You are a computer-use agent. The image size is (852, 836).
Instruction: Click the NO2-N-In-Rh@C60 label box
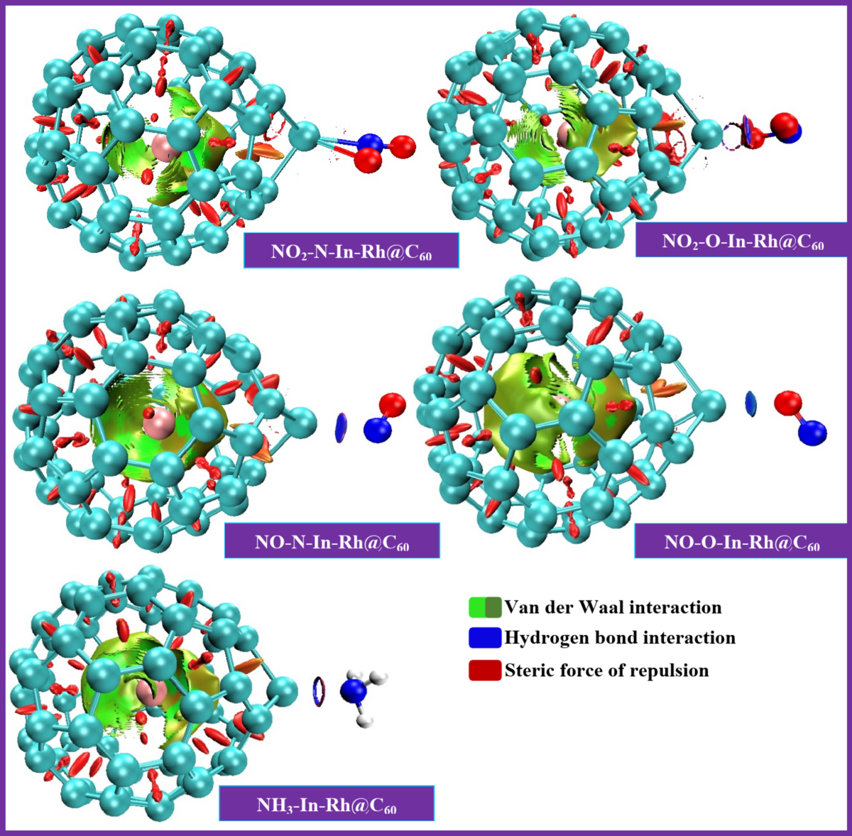pyautogui.click(x=351, y=251)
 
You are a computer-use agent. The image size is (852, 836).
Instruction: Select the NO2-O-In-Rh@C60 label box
pyautogui.click(x=742, y=240)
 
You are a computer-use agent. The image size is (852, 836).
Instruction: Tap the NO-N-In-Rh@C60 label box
pyautogui.click(x=332, y=541)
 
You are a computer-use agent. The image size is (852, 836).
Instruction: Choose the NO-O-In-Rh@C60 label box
pyautogui.click(x=741, y=541)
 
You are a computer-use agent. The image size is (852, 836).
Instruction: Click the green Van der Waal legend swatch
pyautogui.click(x=484, y=607)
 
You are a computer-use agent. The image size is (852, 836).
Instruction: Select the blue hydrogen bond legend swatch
pyautogui.click(x=484, y=638)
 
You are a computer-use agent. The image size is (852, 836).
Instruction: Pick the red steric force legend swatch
pyautogui.click(x=484, y=670)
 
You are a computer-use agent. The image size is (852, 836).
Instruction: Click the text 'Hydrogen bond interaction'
pyautogui.click(x=620, y=638)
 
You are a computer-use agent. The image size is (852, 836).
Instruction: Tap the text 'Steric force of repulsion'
pyautogui.click(x=606, y=670)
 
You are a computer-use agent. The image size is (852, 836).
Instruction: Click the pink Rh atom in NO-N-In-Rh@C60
pyautogui.click(x=158, y=422)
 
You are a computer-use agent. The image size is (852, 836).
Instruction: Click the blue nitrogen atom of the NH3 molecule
pyautogui.click(x=353, y=691)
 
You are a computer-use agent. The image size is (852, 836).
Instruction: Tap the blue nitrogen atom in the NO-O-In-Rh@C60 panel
pyautogui.click(x=812, y=432)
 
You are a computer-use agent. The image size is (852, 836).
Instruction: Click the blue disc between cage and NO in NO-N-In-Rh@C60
pyautogui.click(x=341, y=427)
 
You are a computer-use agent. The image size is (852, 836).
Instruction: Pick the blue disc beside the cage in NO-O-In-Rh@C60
pyautogui.click(x=750, y=403)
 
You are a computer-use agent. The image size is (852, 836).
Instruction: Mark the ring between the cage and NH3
pyautogui.click(x=319, y=691)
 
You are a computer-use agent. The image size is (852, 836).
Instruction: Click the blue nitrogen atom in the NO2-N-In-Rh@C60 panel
pyautogui.click(x=371, y=141)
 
